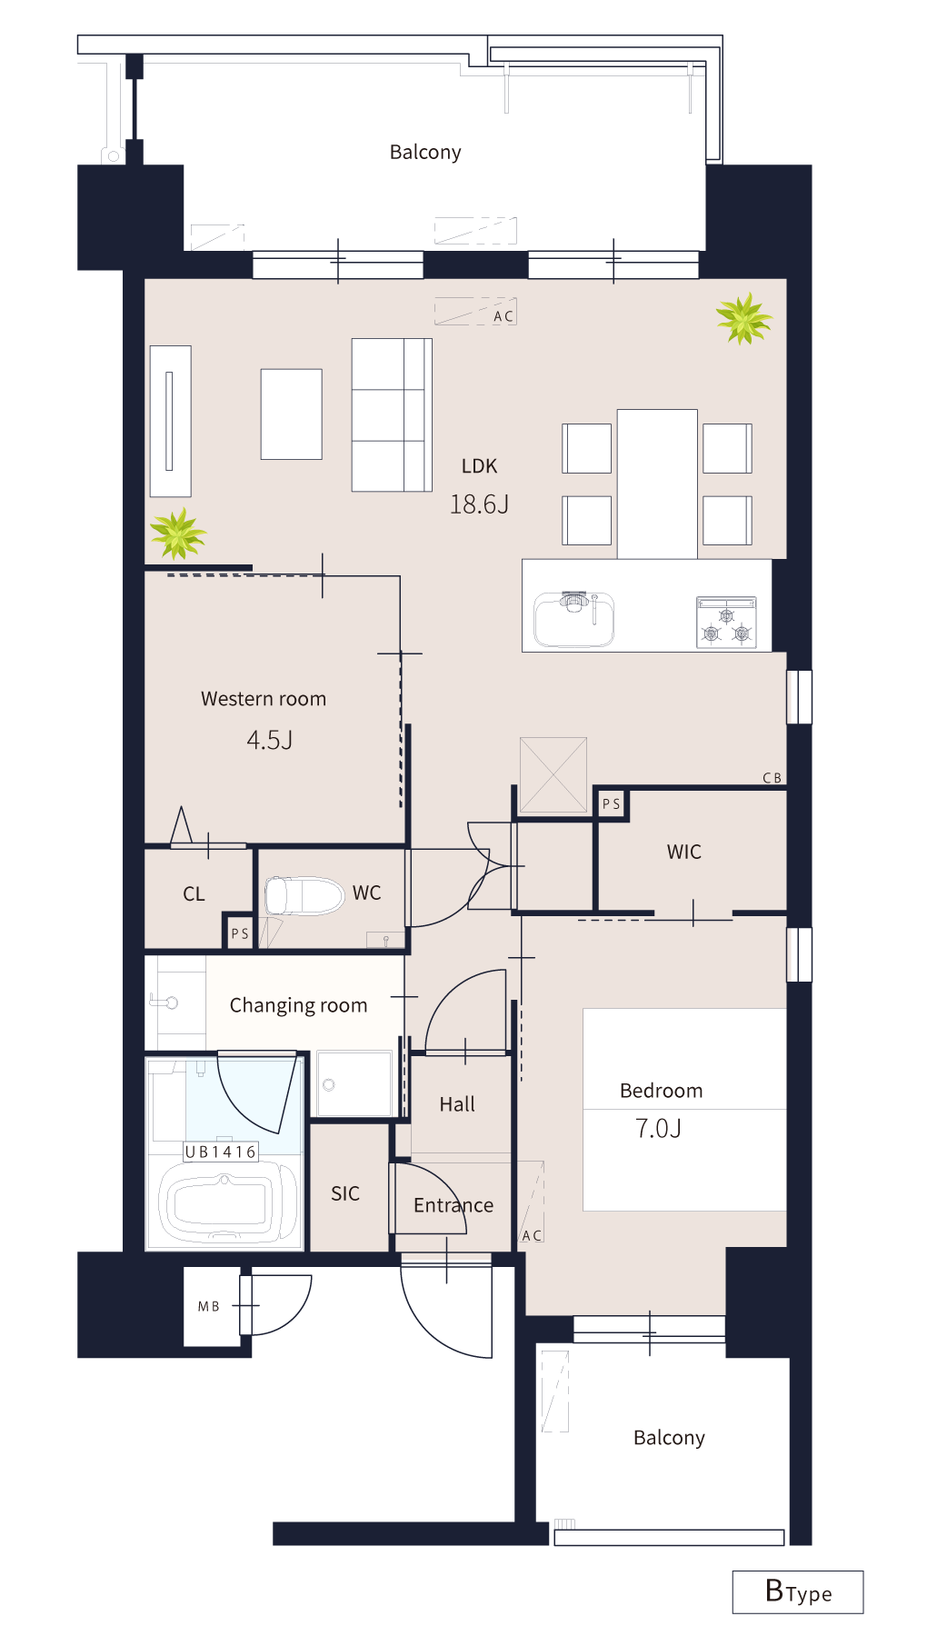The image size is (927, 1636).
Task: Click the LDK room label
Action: (x=479, y=466)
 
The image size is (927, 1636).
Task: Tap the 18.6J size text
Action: (x=479, y=504)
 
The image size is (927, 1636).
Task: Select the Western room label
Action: (x=264, y=699)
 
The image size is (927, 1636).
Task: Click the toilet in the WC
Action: (x=304, y=896)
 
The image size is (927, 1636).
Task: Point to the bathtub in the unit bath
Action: (x=228, y=1203)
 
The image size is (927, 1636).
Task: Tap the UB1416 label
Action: (x=221, y=1152)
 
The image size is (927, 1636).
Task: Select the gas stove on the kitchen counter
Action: (x=726, y=622)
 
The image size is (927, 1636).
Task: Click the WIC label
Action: (x=684, y=852)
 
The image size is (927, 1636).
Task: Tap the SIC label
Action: (x=345, y=1193)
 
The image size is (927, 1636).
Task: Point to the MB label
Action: (x=209, y=1306)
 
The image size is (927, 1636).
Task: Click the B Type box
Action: (x=798, y=1591)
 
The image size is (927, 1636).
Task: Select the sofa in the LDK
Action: (x=392, y=415)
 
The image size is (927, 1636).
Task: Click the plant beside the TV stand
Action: (x=178, y=533)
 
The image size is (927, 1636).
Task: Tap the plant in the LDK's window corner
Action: (x=744, y=318)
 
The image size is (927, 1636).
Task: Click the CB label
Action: (x=772, y=778)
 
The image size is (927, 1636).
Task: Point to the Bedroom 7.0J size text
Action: (x=658, y=1129)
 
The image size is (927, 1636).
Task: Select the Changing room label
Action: (x=298, y=1005)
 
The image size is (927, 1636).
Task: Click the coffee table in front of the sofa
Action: (x=292, y=414)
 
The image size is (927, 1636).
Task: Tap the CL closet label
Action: (x=194, y=894)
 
